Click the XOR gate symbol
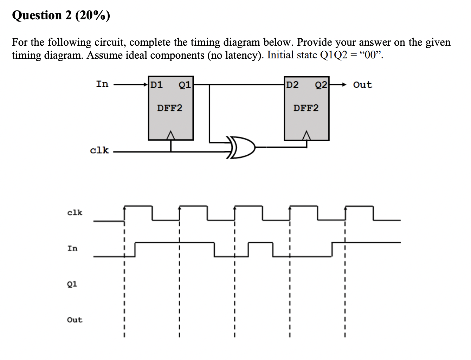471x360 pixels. (x=242, y=147)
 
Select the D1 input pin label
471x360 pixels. (x=156, y=85)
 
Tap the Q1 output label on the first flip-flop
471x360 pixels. (x=185, y=85)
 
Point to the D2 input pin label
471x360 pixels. (x=292, y=85)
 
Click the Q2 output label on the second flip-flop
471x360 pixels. (x=321, y=85)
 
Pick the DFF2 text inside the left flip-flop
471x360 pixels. (x=170, y=108)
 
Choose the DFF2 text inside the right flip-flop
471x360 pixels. (x=306, y=108)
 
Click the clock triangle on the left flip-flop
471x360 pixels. (x=171, y=135)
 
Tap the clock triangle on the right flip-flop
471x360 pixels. (x=307, y=135)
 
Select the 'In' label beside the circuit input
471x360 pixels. (x=102, y=84)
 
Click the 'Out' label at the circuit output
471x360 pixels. (x=362, y=85)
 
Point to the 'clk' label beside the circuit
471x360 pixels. (x=99, y=150)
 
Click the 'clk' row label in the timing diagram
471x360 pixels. (x=75, y=212)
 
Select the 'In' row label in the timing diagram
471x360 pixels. (x=72, y=248)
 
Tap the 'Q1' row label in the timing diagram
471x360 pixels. (x=72, y=284)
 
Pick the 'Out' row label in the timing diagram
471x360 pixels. (x=75, y=320)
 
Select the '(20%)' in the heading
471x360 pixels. (x=92, y=15)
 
